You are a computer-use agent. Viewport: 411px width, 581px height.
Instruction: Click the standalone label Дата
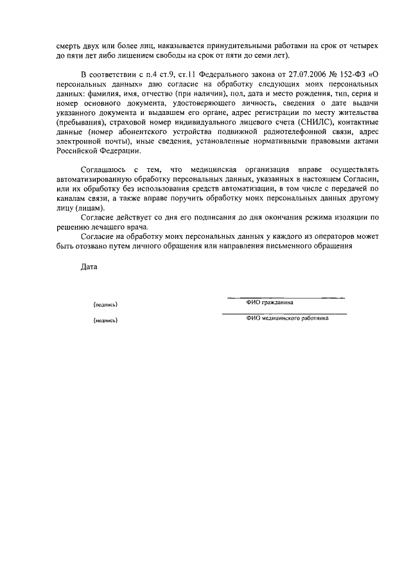pos(89,266)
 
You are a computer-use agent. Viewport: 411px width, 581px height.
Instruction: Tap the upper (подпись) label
pos(105,304)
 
